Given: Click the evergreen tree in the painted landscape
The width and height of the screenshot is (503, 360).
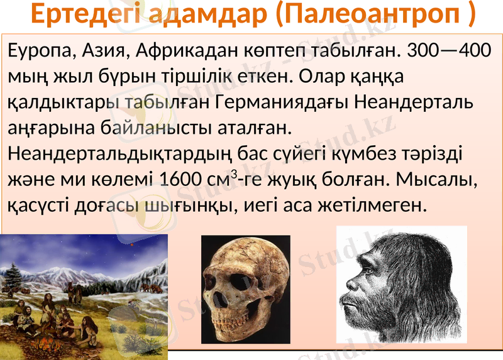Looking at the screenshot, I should (13, 276).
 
